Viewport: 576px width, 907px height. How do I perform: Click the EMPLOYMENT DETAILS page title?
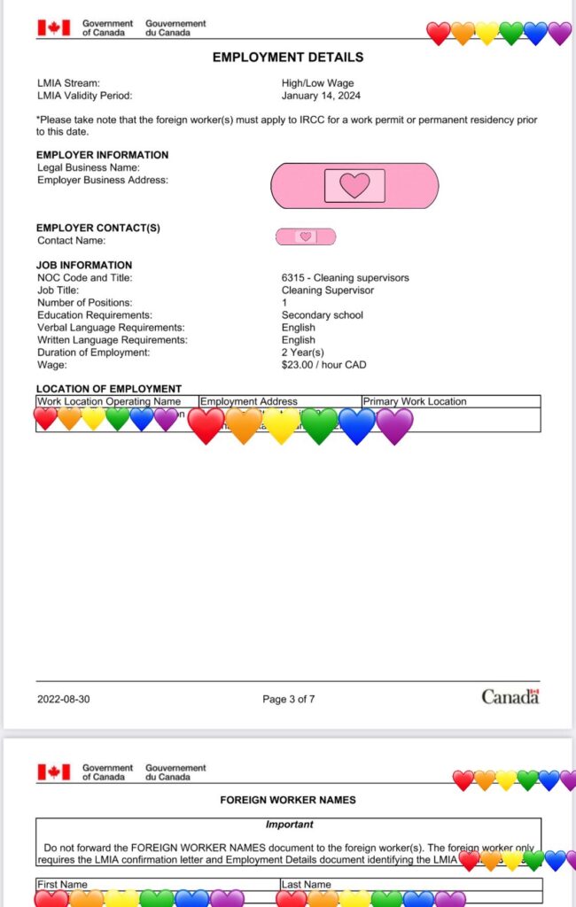pos(288,58)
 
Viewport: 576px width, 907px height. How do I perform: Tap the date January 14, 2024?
pos(321,96)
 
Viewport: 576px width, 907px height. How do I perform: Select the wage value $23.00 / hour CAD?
pos(323,365)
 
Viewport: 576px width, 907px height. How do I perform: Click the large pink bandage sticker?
pos(354,185)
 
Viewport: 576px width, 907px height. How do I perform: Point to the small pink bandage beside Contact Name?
pos(306,236)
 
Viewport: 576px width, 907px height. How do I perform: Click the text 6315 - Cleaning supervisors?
pos(345,278)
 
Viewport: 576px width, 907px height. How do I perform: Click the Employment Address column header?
pos(249,401)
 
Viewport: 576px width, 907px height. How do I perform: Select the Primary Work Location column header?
pos(415,401)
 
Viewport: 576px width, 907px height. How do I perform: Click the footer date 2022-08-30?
pos(63,699)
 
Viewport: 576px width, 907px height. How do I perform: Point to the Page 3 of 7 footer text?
pos(288,699)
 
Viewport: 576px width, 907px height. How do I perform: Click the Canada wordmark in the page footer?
pos(510,697)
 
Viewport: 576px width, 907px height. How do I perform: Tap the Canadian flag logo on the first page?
pos(53,27)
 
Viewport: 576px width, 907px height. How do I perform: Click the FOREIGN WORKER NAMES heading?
pos(288,800)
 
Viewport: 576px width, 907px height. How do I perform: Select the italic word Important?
pos(289,825)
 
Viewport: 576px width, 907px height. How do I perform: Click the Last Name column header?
pos(306,884)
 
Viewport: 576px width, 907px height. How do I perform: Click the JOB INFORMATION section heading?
pos(83,265)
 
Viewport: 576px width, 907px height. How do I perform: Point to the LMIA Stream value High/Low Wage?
pos(317,83)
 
